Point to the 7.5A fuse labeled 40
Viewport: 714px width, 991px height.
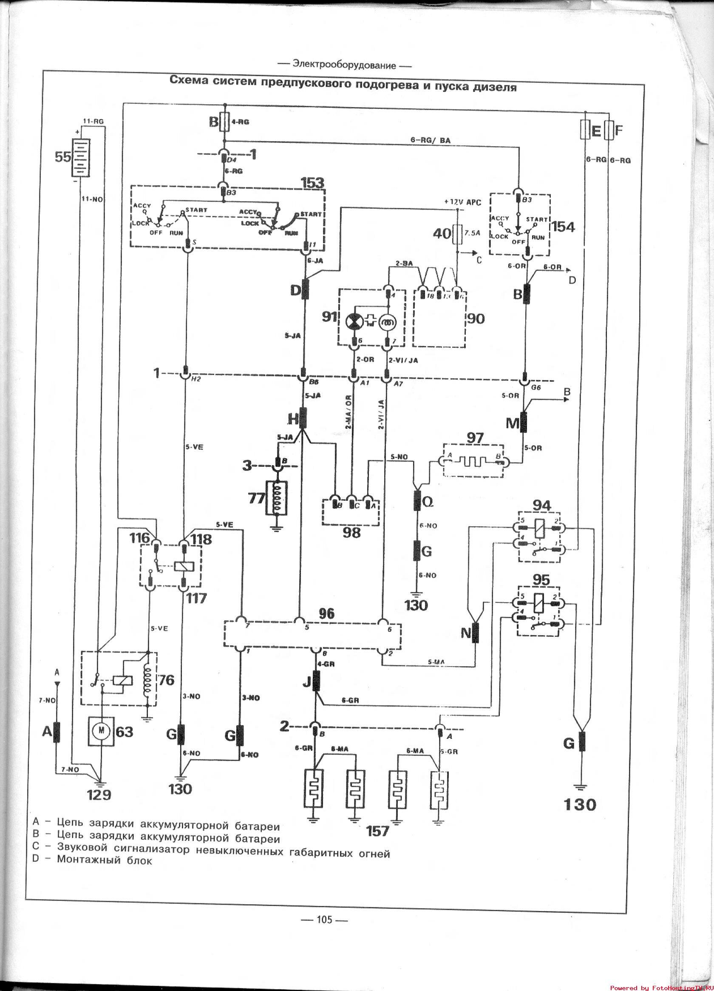tap(457, 233)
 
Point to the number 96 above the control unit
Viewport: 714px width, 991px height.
tap(326, 613)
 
